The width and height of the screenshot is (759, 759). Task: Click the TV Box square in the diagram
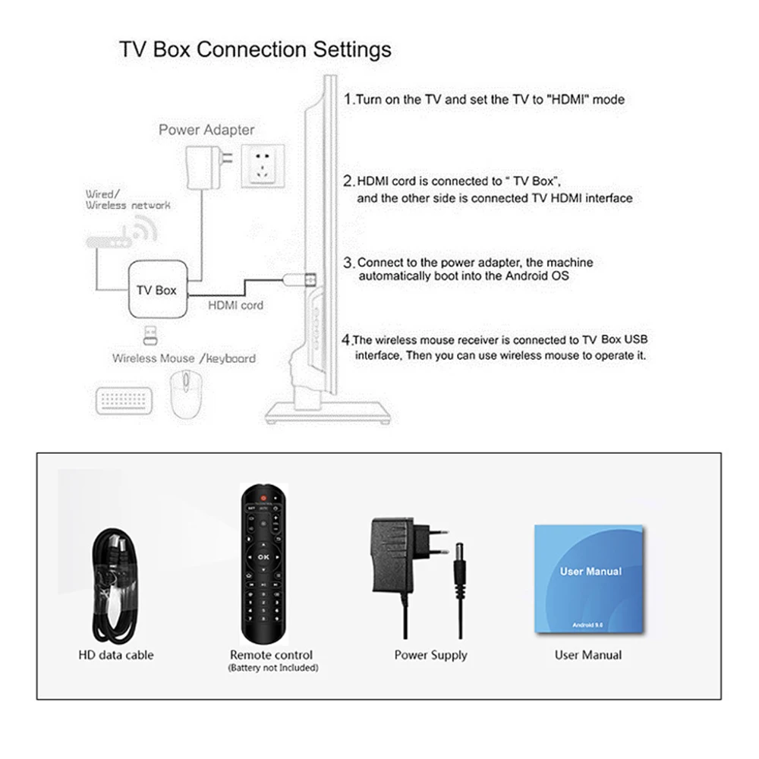[x=156, y=290]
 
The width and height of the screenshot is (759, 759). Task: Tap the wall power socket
[x=263, y=165]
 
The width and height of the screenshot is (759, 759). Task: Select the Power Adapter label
[x=206, y=130]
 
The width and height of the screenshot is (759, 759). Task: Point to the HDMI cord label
[x=236, y=305]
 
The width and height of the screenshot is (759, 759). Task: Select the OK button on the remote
[x=263, y=556]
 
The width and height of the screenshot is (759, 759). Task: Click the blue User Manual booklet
[x=590, y=578]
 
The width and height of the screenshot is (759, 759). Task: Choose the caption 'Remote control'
[x=271, y=655]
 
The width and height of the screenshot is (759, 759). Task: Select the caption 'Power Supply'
[x=430, y=655]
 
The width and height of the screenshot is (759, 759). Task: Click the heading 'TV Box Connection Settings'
[x=255, y=50]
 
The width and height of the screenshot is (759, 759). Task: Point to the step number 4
[x=347, y=341]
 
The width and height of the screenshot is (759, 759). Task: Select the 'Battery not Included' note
[x=272, y=668]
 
